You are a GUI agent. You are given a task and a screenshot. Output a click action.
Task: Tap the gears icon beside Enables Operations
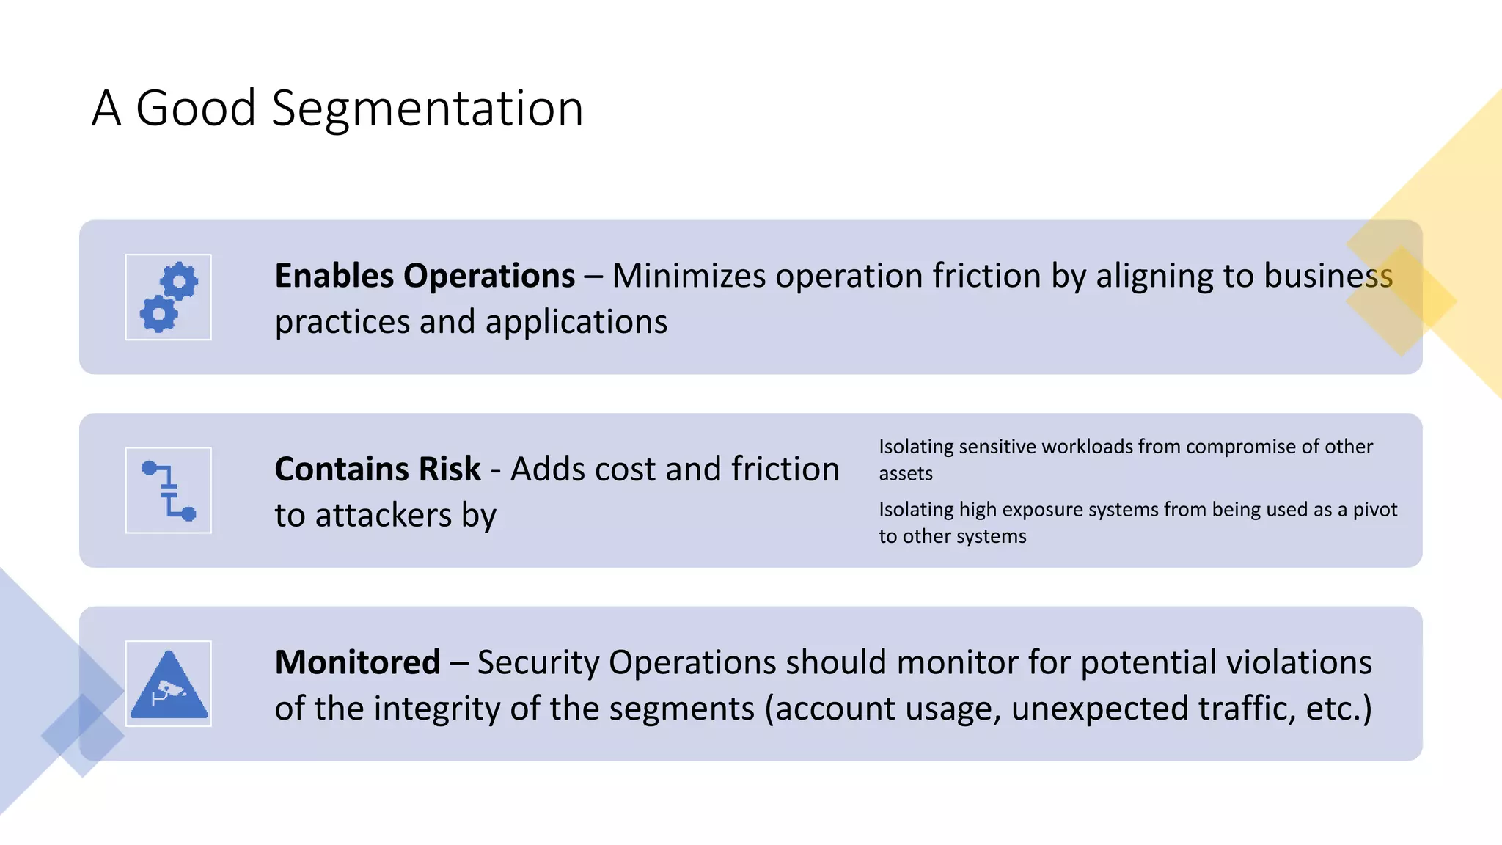coord(169,297)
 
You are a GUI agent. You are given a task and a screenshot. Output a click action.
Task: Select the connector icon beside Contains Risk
coord(169,490)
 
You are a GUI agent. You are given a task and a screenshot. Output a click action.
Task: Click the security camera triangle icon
coord(169,684)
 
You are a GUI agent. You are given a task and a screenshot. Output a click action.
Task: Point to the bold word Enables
coord(334,277)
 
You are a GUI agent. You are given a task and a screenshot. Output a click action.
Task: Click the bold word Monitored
coord(357,662)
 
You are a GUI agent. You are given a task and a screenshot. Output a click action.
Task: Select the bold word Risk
coord(450,469)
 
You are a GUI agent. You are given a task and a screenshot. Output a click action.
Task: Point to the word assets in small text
coord(906,474)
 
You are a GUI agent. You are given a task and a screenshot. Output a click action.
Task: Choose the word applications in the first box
coord(576,323)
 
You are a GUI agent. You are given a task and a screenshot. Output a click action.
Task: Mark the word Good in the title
coord(195,109)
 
